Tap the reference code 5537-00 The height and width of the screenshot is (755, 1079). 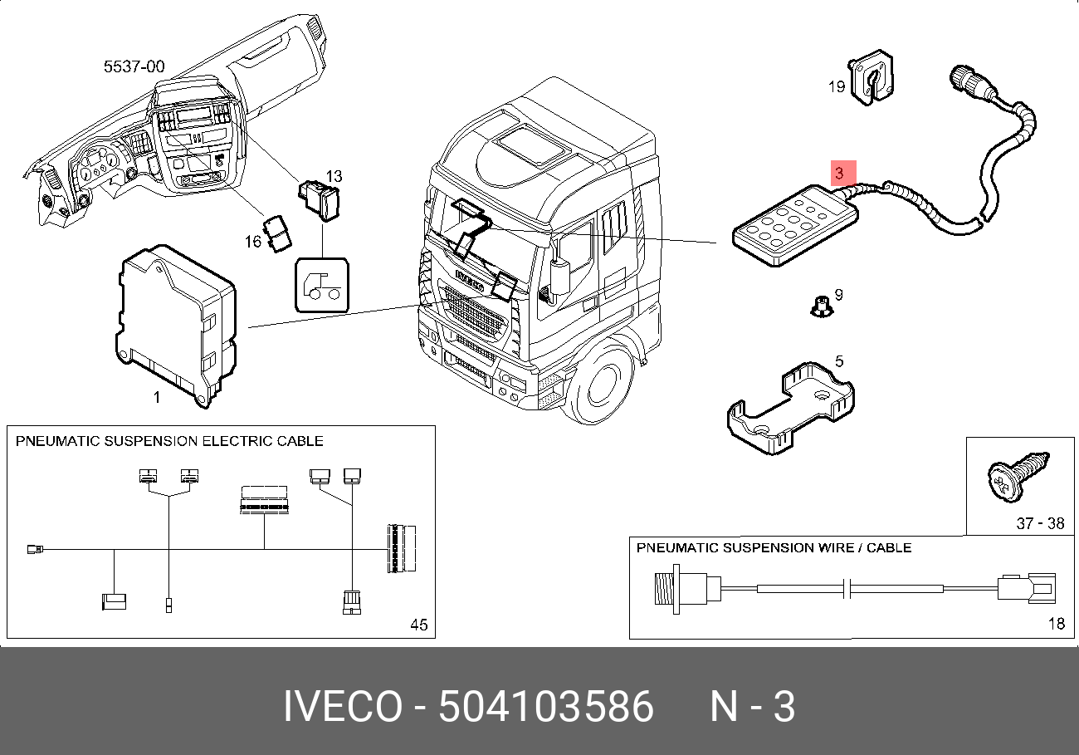point(134,66)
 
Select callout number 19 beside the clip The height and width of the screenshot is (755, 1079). point(837,86)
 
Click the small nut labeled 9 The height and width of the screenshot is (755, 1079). point(822,307)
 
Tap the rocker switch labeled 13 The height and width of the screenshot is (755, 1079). point(320,200)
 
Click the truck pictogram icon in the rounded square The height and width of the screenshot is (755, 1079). point(322,286)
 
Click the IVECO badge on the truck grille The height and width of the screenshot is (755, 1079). point(470,281)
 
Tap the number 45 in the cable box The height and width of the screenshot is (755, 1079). point(418,625)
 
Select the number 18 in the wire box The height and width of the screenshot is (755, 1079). point(1057,624)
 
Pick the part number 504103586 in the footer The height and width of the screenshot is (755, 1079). point(546,706)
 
